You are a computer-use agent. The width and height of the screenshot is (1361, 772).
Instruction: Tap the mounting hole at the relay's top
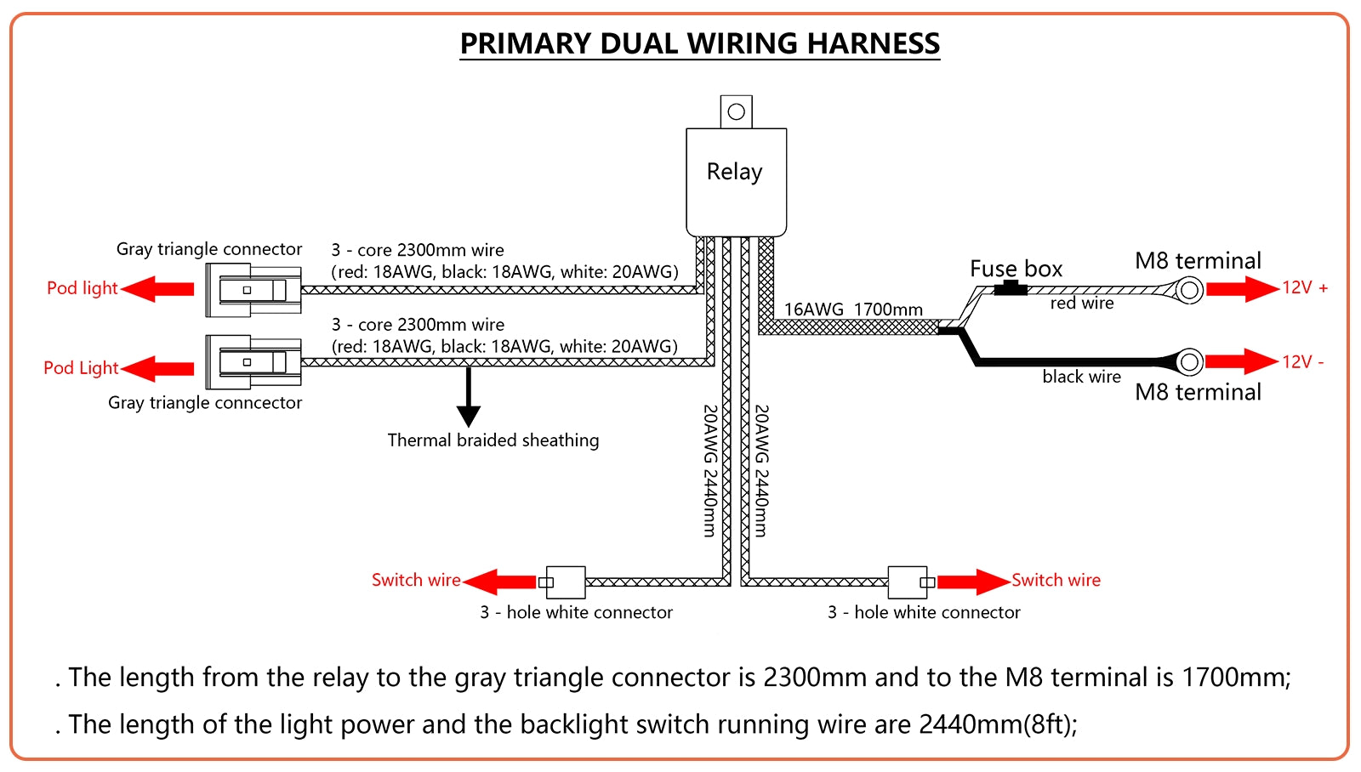click(x=737, y=111)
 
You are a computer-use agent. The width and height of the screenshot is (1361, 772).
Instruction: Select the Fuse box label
click(x=1016, y=270)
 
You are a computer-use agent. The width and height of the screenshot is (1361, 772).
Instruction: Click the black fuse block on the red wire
click(x=1010, y=288)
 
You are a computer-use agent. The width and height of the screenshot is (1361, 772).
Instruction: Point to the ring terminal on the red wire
click(x=1190, y=290)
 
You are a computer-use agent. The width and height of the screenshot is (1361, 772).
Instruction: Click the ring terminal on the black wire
click(x=1190, y=362)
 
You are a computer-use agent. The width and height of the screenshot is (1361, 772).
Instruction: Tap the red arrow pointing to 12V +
click(x=1242, y=289)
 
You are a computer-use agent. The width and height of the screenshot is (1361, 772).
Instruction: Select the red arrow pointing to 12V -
click(x=1242, y=361)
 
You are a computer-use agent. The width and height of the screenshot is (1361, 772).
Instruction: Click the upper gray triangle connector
click(x=253, y=290)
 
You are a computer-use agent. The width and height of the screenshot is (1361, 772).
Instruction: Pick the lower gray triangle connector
click(x=253, y=362)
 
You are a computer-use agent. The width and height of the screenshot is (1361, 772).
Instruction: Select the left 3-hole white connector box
click(x=565, y=582)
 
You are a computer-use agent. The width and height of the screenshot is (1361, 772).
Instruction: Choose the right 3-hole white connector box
click(x=908, y=582)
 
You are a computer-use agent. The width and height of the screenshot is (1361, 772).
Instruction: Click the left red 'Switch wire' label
click(x=416, y=580)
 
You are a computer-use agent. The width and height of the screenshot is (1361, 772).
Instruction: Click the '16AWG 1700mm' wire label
click(x=853, y=309)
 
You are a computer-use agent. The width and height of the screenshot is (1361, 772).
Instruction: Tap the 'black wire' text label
click(x=1081, y=377)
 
